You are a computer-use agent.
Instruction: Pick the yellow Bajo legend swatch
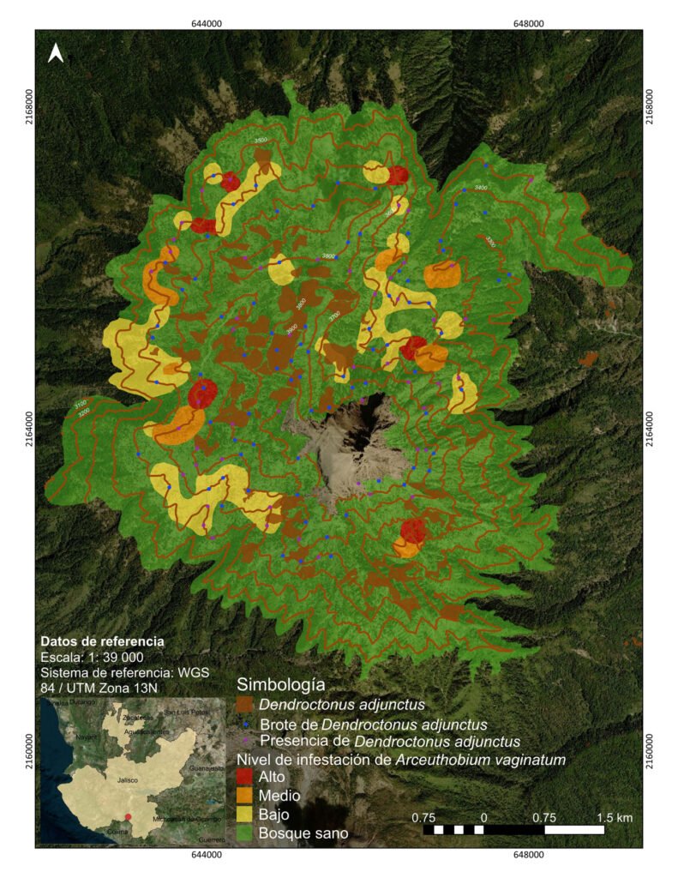[245, 814]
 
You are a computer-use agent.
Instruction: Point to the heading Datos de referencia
[102, 640]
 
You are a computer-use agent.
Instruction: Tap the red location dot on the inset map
[128, 816]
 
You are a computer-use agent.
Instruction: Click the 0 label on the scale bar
[484, 817]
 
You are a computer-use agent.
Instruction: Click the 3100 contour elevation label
[80, 404]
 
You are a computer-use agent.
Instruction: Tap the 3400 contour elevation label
[481, 186]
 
